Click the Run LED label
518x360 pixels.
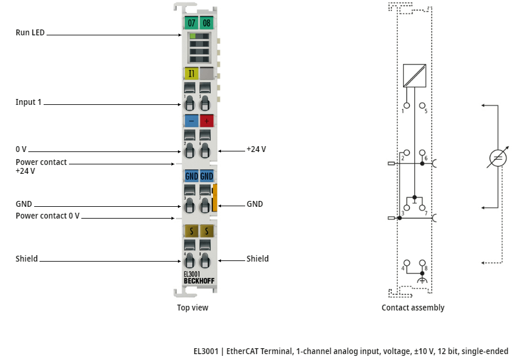pos(30,32)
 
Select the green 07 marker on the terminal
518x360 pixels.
pos(192,23)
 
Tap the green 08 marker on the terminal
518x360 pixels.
pos(206,23)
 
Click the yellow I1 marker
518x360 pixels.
pos(192,73)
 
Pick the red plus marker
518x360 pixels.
pos(207,121)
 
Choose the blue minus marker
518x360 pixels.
pos(192,121)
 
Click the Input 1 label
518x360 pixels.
pos(28,102)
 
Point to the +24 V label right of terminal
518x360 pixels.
pos(256,149)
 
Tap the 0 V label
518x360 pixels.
pos(21,149)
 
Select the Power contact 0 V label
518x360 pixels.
pos(48,216)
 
